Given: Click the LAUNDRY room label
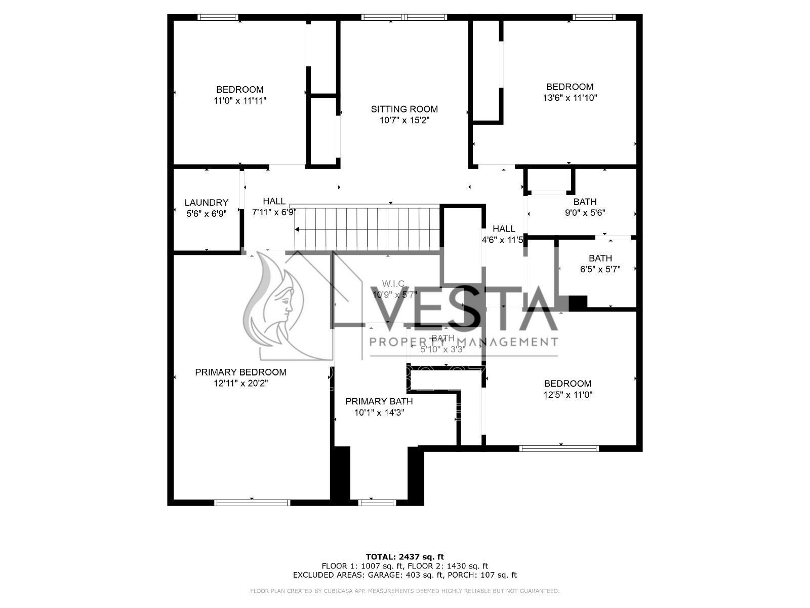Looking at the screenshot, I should (206, 203).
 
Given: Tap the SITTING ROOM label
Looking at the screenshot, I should (404, 109).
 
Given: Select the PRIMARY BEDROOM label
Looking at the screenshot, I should (240, 372).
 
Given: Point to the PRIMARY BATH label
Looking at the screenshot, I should (379, 401).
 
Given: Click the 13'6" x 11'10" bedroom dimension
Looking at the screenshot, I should (570, 98).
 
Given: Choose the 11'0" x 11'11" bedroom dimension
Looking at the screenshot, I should (240, 101).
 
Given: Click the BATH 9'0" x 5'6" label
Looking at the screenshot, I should (585, 202).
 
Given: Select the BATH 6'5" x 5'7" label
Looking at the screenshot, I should (600, 258).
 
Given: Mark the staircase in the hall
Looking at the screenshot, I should (367, 228).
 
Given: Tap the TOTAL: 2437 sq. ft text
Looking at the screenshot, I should (404, 557).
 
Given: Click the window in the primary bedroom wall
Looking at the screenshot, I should (252, 503).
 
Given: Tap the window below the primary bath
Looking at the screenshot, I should (377, 503).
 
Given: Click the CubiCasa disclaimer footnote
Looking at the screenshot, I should (404, 591).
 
